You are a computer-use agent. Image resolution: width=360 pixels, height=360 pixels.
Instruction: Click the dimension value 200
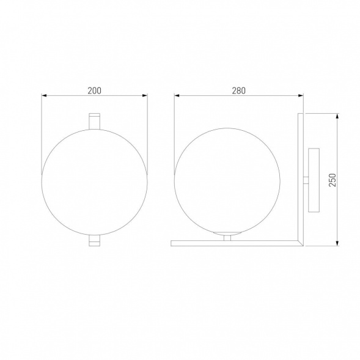[94, 90]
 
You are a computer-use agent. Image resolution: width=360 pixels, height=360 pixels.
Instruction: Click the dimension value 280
[238, 90]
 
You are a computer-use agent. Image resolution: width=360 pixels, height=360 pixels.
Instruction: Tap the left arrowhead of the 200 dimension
[44, 95]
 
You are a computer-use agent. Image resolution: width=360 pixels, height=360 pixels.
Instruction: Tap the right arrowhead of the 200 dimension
[145, 95]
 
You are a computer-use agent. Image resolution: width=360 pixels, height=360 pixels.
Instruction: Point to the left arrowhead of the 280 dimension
[177, 95]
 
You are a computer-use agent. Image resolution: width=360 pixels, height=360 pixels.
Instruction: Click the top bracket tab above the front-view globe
[94, 120]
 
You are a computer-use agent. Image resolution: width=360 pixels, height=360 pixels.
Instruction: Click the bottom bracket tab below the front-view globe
[94, 240]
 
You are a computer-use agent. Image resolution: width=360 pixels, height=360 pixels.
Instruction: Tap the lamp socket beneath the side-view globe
[227, 236]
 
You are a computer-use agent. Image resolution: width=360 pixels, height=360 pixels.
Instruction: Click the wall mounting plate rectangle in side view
[314, 180]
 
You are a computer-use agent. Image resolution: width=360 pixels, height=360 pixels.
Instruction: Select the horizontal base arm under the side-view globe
[232, 243]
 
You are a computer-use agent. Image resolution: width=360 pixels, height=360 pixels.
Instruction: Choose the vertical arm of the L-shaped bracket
[300, 177]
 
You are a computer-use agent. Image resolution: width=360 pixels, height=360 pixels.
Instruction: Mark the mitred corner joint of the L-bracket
[300, 243]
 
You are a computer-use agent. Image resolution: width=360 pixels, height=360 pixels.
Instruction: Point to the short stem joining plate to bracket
[306, 180]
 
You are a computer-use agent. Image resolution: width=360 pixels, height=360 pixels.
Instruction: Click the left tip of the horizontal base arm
[172, 243]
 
